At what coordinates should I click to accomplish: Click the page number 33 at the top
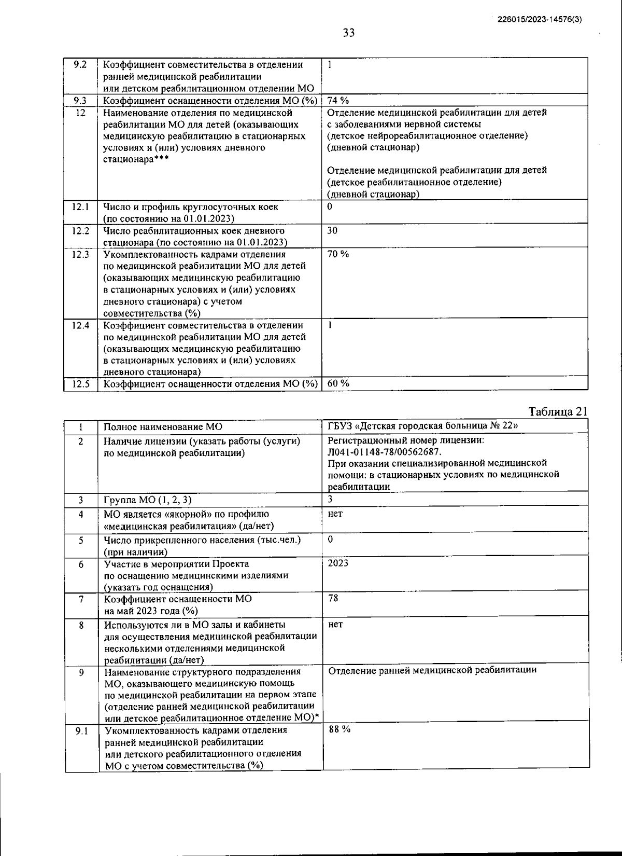coord(349,34)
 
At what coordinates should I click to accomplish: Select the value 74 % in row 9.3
coord(338,101)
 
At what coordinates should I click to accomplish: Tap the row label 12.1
coord(80,207)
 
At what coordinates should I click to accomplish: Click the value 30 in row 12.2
coord(332,230)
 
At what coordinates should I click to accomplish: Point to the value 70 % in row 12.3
coord(338,254)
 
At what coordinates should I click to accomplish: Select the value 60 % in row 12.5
coord(338,383)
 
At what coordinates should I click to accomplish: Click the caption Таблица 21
coord(558,412)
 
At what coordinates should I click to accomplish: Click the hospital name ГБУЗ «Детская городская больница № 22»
coord(422,426)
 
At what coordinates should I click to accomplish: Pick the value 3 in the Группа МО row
coord(330,499)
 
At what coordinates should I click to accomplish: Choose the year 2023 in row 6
coord(338,563)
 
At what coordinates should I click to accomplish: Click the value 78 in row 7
coord(333,598)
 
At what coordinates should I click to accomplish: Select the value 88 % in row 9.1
coord(340,729)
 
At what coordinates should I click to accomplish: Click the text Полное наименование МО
coord(163,427)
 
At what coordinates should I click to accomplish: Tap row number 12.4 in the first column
coord(80,326)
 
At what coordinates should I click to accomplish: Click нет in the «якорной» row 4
coord(335,514)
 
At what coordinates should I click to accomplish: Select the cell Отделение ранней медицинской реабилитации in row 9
coord(432,670)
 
